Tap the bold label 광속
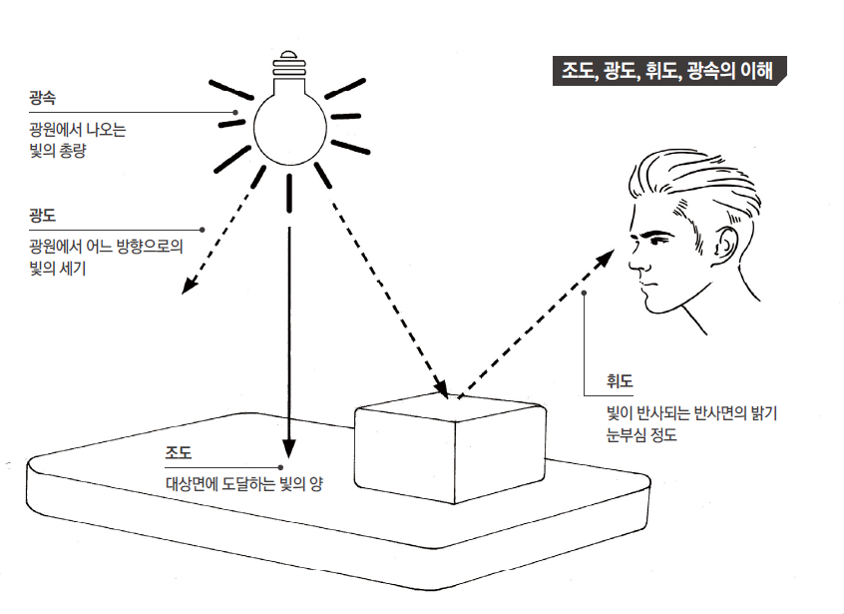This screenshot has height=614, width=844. (x=43, y=99)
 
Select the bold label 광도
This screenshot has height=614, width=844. (x=43, y=217)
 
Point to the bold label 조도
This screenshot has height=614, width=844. (x=179, y=453)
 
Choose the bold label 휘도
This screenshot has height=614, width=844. (x=620, y=382)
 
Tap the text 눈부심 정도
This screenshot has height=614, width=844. (x=634, y=434)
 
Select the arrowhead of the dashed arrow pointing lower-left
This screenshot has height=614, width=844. (x=187, y=288)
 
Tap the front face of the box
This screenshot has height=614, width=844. (x=405, y=454)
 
